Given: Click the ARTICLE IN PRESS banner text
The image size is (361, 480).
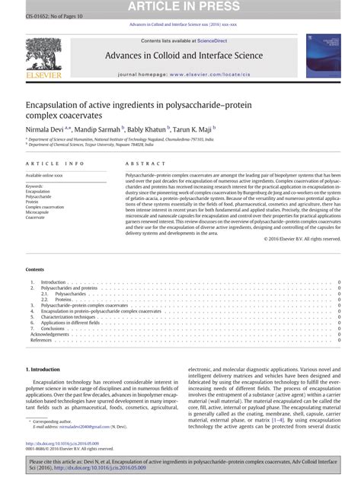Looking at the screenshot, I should pyautogui.click(x=180, y=8).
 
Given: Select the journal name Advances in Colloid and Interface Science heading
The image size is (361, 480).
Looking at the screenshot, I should pyautogui.click(x=180, y=56).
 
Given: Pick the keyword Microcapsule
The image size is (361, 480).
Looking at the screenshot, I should pyautogui.click(x=39, y=212).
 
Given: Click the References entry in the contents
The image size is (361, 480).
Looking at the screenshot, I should pyautogui.click(x=41, y=340).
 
